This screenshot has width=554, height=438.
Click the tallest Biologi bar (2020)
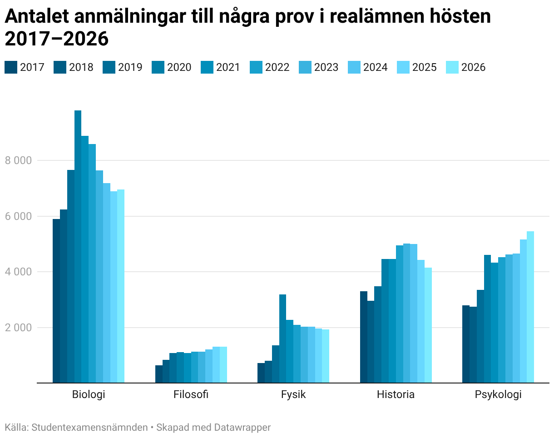78,247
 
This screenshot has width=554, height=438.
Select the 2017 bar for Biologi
56,301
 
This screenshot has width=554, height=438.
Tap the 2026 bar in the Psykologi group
530,307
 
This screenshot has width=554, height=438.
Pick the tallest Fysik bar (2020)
282,338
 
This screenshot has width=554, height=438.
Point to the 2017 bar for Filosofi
159,374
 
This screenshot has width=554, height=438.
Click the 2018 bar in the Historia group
371,342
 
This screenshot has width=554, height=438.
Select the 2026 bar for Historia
428,325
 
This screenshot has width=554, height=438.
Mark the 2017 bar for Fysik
261,373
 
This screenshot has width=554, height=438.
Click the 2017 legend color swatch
11,67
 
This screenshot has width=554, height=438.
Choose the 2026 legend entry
466,67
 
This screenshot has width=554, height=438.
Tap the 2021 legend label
228,67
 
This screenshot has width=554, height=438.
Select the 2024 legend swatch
354,67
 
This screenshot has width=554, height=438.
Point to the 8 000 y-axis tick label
18,160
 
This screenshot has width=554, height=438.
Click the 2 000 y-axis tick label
18,328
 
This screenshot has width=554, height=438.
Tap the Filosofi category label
191,394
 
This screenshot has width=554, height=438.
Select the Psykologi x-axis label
498,395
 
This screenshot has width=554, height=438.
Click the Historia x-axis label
396,394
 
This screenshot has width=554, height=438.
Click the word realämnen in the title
378,16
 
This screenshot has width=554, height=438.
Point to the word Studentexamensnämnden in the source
89,427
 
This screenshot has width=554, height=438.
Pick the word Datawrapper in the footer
242,428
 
